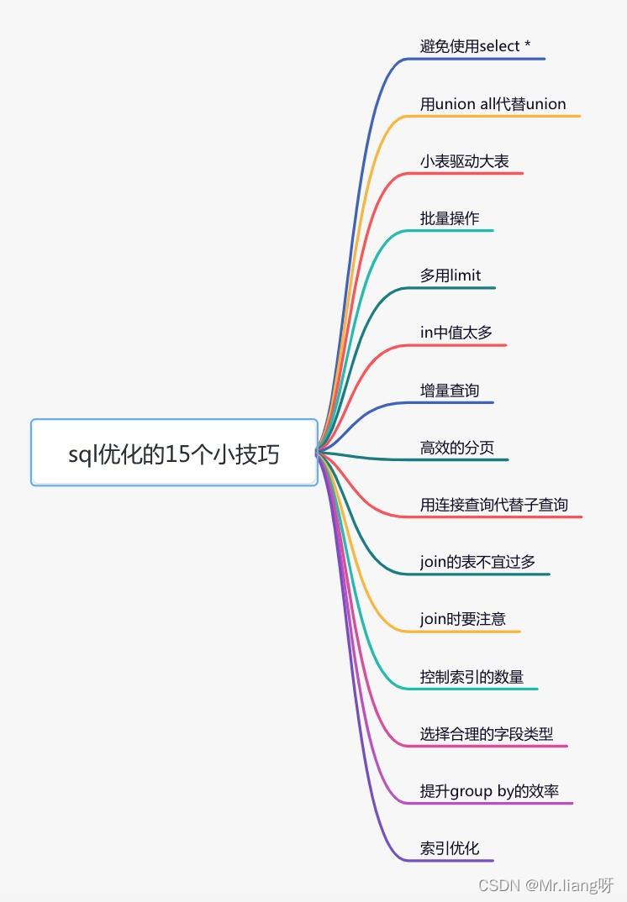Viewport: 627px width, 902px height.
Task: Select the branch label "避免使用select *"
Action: pyautogui.click(x=475, y=46)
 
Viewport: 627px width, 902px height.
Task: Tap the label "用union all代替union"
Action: pyautogui.click(x=493, y=104)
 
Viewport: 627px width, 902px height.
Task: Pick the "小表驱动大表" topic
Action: pyautogui.click(x=464, y=161)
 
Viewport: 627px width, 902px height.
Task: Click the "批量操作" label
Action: pyautogui.click(x=450, y=218)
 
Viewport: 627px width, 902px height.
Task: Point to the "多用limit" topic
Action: pyautogui.click(x=450, y=275)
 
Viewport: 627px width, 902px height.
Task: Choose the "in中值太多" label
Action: pyautogui.click(x=456, y=333)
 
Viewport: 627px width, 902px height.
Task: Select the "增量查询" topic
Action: pyautogui.click(x=450, y=391)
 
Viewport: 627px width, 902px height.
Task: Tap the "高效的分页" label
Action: pyautogui.click(x=456, y=448)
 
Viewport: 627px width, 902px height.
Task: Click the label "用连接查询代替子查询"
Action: pyautogui.click(x=493, y=505)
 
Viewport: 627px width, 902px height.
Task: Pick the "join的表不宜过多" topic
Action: pyautogui.click(x=477, y=562)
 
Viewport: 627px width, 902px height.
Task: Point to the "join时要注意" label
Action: pyautogui.click(x=463, y=620)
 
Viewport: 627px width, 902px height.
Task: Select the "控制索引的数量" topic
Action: pyautogui.click(x=472, y=677)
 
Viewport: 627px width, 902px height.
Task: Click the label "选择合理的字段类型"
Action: pyautogui.click(x=487, y=734)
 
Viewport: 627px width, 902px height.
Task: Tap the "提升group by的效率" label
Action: pyautogui.click(x=489, y=791)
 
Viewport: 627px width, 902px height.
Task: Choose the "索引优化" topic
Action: pyautogui.click(x=450, y=848)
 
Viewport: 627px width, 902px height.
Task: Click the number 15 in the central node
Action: pyautogui.click(x=177, y=454)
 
